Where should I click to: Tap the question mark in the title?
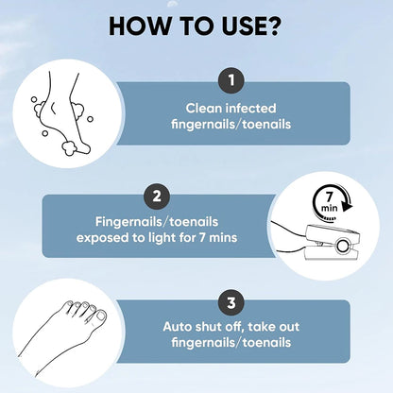[x=272, y=26]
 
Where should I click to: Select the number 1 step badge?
[x=231, y=80]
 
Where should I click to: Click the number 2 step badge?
[x=157, y=196]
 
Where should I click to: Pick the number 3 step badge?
[x=231, y=302]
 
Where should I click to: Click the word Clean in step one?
[x=204, y=109]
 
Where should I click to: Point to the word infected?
[x=251, y=109]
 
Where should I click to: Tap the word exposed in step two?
[x=103, y=238]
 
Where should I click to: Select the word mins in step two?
[x=223, y=238]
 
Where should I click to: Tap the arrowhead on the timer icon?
[x=347, y=206]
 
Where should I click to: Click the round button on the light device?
[x=343, y=246]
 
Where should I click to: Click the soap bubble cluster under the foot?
[x=69, y=148]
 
